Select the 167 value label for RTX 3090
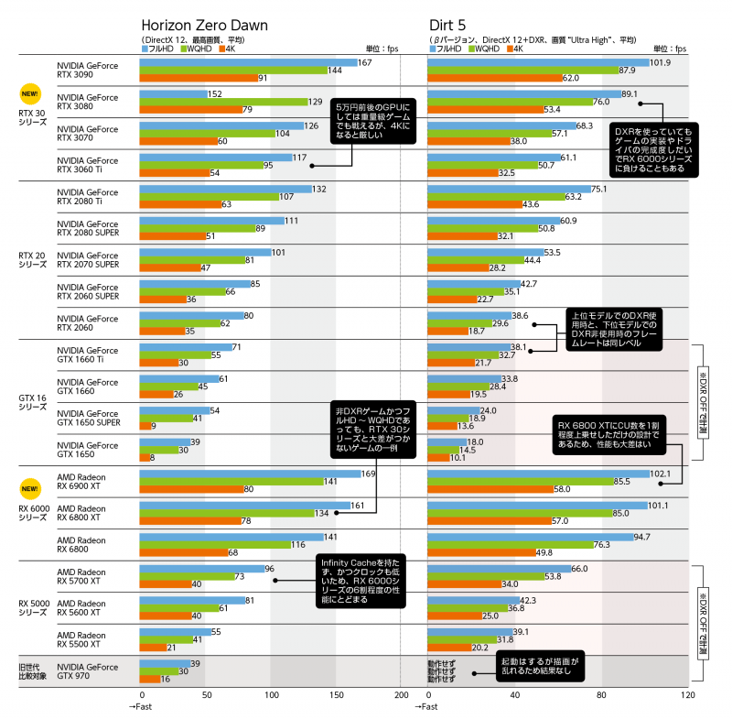click(x=364, y=62)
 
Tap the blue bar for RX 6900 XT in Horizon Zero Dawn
click(x=251, y=474)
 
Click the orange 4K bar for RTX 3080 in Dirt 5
click(x=484, y=109)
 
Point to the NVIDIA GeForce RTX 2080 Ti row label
click(x=88, y=197)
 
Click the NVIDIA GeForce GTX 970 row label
click(x=88, y=671)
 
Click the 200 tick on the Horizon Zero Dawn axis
click(x=401, y=696)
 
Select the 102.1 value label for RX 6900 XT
click(x=660, y=474)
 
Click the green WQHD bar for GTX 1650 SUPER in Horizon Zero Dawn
click(x=166, y=418)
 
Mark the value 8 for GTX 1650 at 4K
click(x=152, y=457)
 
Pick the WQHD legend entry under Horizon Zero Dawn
click(x=195, y=49)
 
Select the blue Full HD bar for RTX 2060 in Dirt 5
click(x=468, y=315)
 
